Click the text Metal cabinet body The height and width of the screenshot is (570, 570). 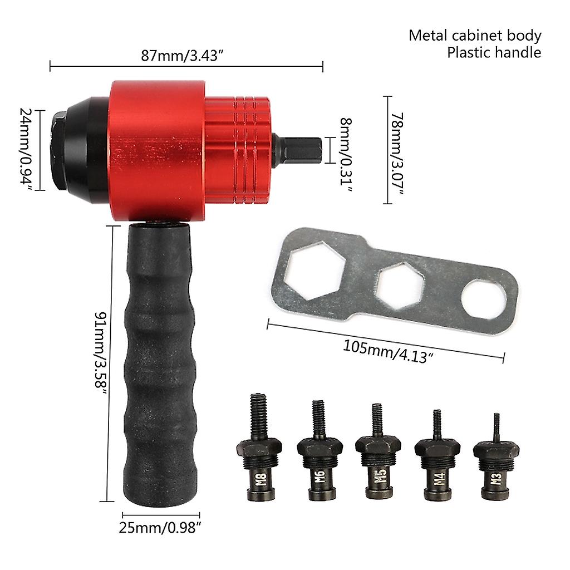click(475, 36)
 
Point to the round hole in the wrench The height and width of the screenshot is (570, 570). click(484, 299)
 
